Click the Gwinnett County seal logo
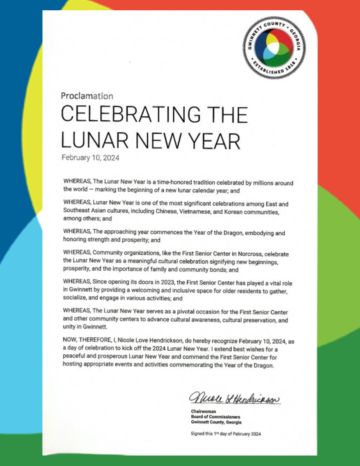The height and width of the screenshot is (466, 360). click(274, 48)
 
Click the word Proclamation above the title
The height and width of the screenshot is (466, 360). click(87, 96)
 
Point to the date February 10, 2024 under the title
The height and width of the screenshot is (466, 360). click(90, 158)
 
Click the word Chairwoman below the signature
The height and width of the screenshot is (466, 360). click(203, 411)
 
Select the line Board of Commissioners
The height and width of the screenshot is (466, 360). click(215, 417)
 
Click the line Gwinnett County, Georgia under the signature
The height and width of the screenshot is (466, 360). click(216, 422)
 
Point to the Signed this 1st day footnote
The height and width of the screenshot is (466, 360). click(226, 434)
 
